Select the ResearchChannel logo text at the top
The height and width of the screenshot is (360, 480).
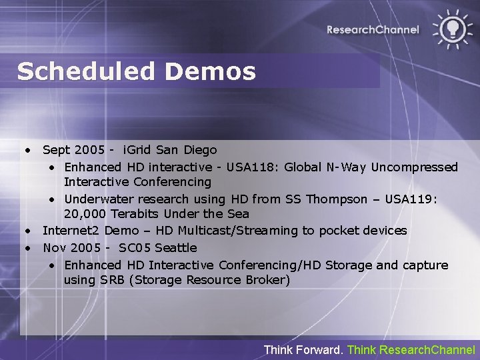tap(373, 29)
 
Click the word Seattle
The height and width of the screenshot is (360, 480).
tap(176, 248)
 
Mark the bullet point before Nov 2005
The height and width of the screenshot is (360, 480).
tap(30, 248)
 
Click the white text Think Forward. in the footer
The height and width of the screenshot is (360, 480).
tap(303, 349)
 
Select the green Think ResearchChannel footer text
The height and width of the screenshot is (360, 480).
tap(411, 349)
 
